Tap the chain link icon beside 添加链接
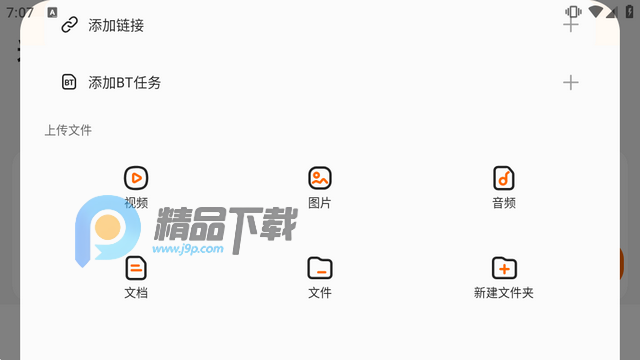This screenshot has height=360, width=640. point(69,25)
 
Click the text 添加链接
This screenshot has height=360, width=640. point(116,25)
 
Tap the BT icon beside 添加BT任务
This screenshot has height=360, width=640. point(69,82)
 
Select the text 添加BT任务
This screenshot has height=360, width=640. point(124,83)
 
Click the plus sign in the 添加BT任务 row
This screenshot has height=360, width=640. point(571,82)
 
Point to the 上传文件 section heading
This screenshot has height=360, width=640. point(68,130)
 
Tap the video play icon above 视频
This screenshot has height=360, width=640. point(136,178)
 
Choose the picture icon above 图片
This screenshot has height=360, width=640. point(320,178)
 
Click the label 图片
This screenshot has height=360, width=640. point(320,203)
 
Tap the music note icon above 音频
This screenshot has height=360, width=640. point(504,178)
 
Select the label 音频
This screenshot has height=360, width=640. point(504,203)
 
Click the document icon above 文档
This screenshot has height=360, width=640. point(136,268)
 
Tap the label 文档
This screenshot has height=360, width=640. point(136,293)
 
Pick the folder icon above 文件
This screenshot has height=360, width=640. point(320,268)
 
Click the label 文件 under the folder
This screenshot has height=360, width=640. point(320,293)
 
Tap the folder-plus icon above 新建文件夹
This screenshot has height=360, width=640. point(504,268)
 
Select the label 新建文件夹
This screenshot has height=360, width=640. point(504,293)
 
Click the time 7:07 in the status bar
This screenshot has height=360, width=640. point(19,13)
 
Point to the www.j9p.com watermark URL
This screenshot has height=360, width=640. point(188,249)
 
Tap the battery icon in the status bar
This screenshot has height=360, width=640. point(629,12)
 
